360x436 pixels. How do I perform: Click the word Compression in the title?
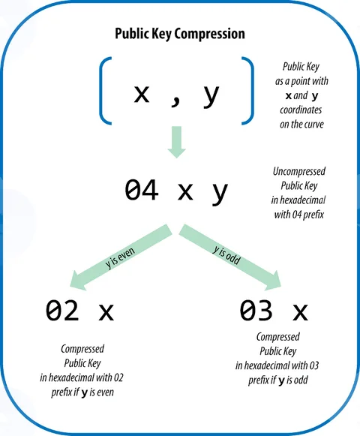[x=209, y=35]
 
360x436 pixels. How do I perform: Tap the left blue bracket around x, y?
[x=101, y=91]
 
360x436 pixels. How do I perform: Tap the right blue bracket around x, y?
[x=252, y=91]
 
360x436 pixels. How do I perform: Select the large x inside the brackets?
[x=142, y=94]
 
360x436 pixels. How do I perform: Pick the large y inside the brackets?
[x=211, y=96]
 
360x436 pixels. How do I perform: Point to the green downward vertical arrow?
[x=176, y=142]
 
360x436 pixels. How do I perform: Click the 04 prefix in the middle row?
[x=142, y=190]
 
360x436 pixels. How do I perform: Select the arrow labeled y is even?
[x=120, y=257]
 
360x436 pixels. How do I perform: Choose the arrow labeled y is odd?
[x=230, y=257]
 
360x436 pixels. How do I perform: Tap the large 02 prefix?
[x=62, y=311]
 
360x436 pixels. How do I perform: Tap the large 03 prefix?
[x=256, y=310]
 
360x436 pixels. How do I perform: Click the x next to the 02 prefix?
[x=106, y=312]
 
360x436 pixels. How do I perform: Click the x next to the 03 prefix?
[x=300, y=312]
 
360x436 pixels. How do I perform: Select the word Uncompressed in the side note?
[x=299, y=172]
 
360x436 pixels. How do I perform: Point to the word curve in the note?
[x=313, y=125]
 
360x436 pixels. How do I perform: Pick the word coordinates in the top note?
[x=301, y=110]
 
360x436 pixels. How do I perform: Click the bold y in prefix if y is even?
[x=85, y=393]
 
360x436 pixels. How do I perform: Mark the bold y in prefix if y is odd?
[x=281, y=381]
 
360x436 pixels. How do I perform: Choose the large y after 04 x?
[x=220, y=193]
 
